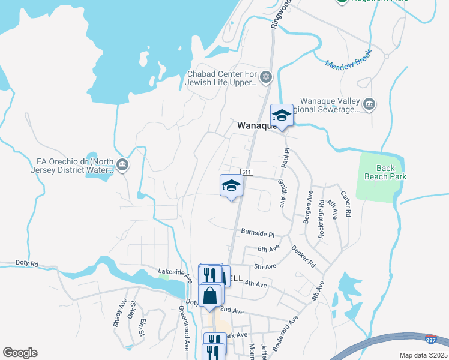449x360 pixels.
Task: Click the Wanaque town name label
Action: (256, 125)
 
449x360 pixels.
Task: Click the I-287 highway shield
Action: (431, 340)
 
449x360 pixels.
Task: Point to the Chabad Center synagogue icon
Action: (267, 77)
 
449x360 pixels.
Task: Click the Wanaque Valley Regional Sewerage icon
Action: (369, 105)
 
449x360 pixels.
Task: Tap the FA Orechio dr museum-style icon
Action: (122, 165)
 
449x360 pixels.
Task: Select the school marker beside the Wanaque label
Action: (281, 115)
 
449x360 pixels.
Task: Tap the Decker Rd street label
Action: (303, 256)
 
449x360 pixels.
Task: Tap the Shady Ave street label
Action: (120, 313)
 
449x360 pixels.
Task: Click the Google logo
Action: (20, 353)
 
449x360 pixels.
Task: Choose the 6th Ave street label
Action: (268, 248)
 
